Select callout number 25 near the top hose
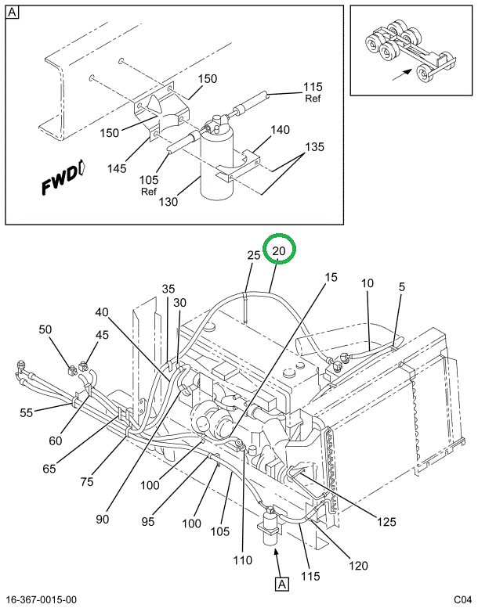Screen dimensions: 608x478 254,255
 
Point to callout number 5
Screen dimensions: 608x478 402,287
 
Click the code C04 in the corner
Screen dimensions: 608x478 463,599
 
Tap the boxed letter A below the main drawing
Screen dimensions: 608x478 280,582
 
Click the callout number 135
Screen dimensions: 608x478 314,146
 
